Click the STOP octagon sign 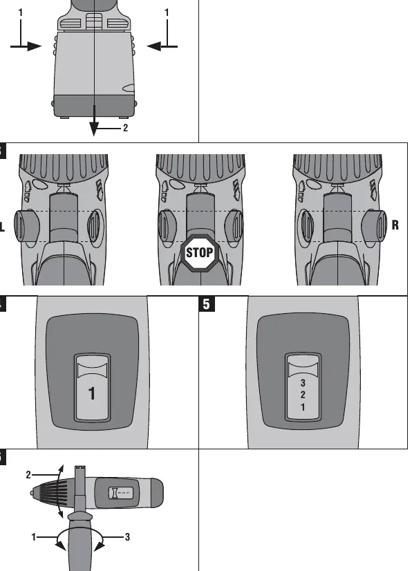(x=199, y=253)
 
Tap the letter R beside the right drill (x=395, y=225)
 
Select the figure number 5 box (x=207, y=304)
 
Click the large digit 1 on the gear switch (x=92, y=393)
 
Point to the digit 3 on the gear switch (x=303, y=383)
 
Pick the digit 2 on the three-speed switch (x=303, y=395)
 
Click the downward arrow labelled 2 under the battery (x=94, y=120)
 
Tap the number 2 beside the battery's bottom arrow (x=126, y=128)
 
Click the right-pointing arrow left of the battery (x=26, y=46)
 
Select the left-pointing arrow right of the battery (x=162, y=46)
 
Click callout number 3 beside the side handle (x=127, y=536)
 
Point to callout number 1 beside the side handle (x=33, y=536)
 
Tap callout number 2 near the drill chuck (x=28, y=475)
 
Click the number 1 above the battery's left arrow (x=21, y=12)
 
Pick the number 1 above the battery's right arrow (x=167, y=12)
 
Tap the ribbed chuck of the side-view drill (x=50, y=494)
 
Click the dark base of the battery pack (x=94, y=106)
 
